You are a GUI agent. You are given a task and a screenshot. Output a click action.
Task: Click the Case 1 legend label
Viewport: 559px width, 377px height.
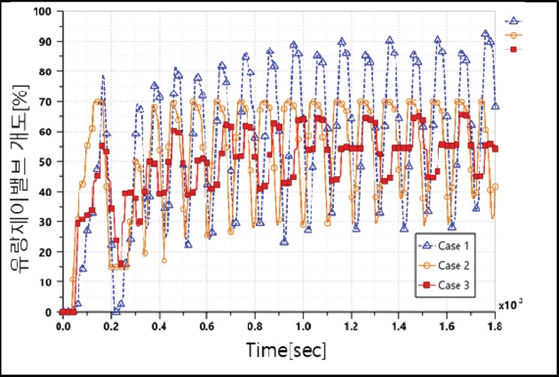(x=453, y=246)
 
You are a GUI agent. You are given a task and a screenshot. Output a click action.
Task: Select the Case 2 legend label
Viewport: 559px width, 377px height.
(x=453, y=266)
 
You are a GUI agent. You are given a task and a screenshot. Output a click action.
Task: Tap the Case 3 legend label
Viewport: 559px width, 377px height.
(x=453, y=285)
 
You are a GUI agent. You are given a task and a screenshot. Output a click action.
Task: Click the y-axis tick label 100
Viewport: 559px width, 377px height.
(x=45, y=12)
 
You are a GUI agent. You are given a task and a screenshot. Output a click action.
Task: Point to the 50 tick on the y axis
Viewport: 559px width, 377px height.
(x=48, y=162)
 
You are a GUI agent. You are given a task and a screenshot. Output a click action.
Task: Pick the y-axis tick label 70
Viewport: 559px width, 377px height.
(x=48, y=102)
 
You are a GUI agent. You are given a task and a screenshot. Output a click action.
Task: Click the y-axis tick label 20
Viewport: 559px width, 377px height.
(x=48, y=252)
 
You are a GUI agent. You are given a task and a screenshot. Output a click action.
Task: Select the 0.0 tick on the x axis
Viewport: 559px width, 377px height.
(x=62, y=326)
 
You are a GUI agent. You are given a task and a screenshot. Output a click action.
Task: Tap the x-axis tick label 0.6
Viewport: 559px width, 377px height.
(x=207, y=326)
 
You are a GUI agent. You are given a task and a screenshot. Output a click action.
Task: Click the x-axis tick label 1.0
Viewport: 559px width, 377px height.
(x=303, y=326)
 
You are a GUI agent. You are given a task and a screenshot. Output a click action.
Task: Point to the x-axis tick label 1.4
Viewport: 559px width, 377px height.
(x=399, y=326)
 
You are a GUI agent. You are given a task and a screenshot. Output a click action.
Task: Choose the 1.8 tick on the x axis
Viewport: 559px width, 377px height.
(x=495, y=326)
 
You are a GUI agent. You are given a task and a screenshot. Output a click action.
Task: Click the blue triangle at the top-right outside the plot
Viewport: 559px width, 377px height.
(x=513, y=20)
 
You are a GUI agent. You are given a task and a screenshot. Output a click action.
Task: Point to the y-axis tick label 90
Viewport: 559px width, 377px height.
(x=48, y=42)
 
